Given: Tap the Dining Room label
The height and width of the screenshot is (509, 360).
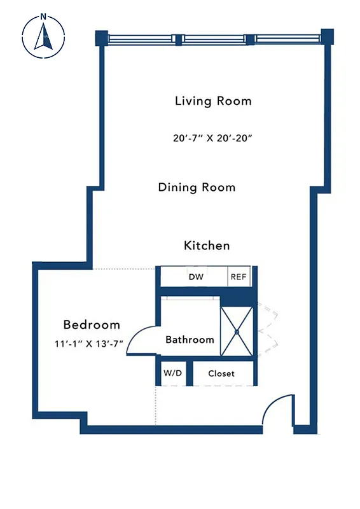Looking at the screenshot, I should coord(197,187).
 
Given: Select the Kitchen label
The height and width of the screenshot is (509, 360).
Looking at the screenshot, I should coord(207,246).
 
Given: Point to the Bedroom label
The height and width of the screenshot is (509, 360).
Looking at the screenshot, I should coord(91,324).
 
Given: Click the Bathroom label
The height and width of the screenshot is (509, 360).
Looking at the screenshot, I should coord(190,340).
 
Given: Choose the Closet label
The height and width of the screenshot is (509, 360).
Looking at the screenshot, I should coord(221,373).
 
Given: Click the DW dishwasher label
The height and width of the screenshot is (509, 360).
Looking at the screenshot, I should coord(195,277).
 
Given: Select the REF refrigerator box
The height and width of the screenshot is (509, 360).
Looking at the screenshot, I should coord(239,277).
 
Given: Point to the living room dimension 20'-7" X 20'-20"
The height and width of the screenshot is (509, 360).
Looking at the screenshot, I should coord(209,137).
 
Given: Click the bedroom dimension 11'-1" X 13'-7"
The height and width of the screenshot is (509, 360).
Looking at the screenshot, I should coord(88,344).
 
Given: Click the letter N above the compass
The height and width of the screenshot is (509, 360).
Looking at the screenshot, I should coord(43,17).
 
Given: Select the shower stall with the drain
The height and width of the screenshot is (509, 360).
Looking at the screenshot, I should coord(236,331).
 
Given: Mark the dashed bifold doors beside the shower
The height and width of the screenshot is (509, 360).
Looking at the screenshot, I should coord(268,331).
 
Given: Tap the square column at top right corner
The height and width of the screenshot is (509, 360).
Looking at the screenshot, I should coord(327,37).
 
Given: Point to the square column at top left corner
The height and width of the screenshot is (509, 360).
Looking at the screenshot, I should coord(100,38).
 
